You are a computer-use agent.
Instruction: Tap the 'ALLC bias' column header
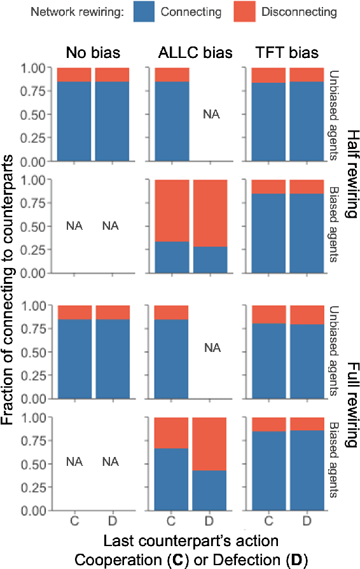tap(188, 53)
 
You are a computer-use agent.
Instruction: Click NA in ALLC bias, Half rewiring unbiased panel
tap(209, 115)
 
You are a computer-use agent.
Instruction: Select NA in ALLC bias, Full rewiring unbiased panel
tap(209, 348)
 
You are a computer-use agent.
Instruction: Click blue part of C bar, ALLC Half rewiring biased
tap(171, 257)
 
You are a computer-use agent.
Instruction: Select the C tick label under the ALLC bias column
tap(171, 521)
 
